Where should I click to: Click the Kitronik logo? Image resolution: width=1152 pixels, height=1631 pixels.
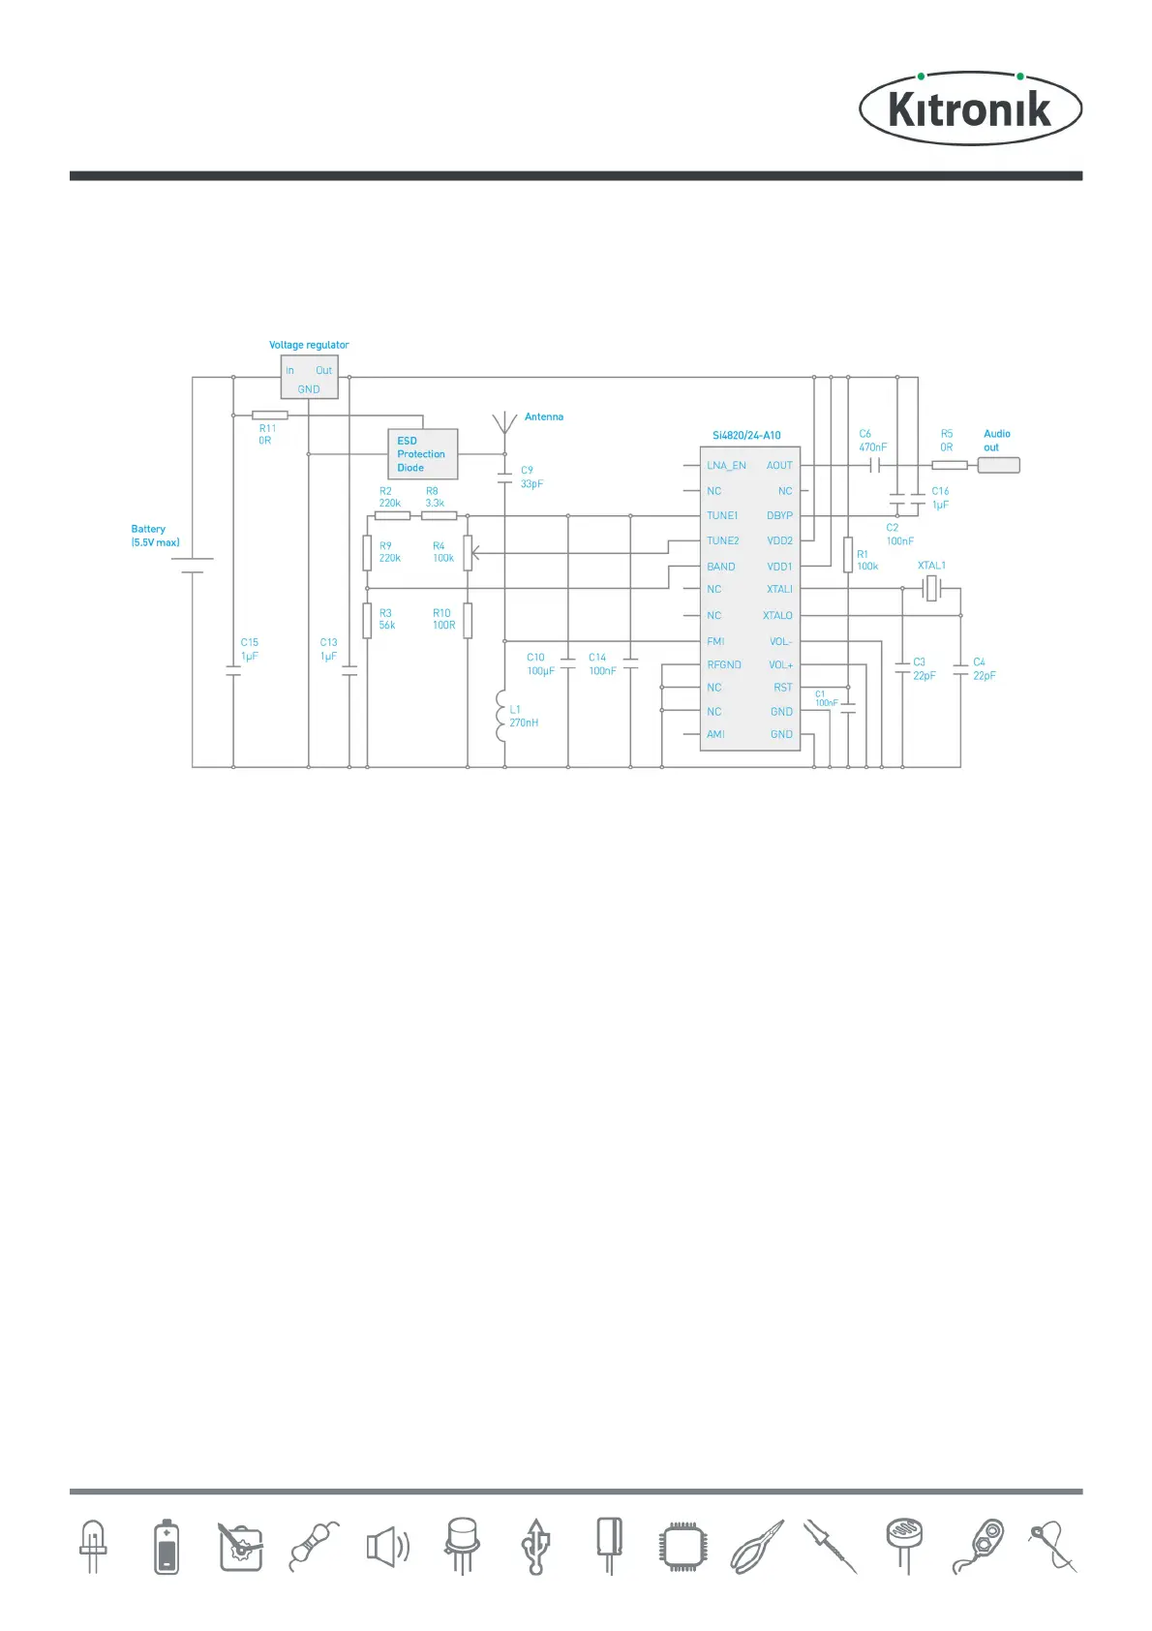pyautogui.click(x=970, y=108)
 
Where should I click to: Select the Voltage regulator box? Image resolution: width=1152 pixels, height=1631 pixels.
pyautogui.click(x=309, y=377)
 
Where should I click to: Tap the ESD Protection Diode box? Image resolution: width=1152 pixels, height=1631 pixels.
pyautogui.click(x=422, y=454)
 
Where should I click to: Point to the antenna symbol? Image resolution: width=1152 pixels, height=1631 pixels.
pyautogui.click(x=504, y=423)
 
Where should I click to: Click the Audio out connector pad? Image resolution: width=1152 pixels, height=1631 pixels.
pyautogui.click(x=998, y=466)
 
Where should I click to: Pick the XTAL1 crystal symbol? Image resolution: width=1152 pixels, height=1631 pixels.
pyautogui.click(x=931, y=588)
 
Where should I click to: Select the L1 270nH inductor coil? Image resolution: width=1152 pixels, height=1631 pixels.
pyautogui.click(x=501, y=716)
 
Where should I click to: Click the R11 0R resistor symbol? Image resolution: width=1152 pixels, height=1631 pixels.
pyautogui.click(x=269, y=415)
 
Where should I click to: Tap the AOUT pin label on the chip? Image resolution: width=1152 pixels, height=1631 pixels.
pyautogui.click(x=779, y=466)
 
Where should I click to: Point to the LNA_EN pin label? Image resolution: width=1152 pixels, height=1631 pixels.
pyautogui.click(x=726, y=466)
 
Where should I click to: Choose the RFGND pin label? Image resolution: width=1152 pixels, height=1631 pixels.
pyautogui.click(x=724, y=665)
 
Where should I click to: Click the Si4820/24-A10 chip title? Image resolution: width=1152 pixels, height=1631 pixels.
pyautogui.click(x=746, y=436)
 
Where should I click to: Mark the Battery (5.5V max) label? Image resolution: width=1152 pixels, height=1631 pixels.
pyautogui.click(x=155, y=536)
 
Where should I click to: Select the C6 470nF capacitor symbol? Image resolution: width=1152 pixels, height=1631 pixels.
pyautogui.click(x=876, y=466)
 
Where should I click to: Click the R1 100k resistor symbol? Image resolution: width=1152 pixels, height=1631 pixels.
pyautogui.click(x=848, y=555)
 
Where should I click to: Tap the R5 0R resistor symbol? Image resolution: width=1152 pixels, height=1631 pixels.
pyautogui.click(x=949, y=466)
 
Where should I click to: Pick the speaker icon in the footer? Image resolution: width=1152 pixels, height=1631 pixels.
pyautogui.click(x=387, y=1547)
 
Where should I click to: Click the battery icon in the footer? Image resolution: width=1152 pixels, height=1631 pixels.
pyautogui.click(x=167, y=1547)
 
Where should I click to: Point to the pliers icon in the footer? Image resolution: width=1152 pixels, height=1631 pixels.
pyautogui.click(x=757, y=1547)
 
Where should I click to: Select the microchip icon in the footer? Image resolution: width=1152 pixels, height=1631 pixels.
pyautogui.click(x=683, y=1547)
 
